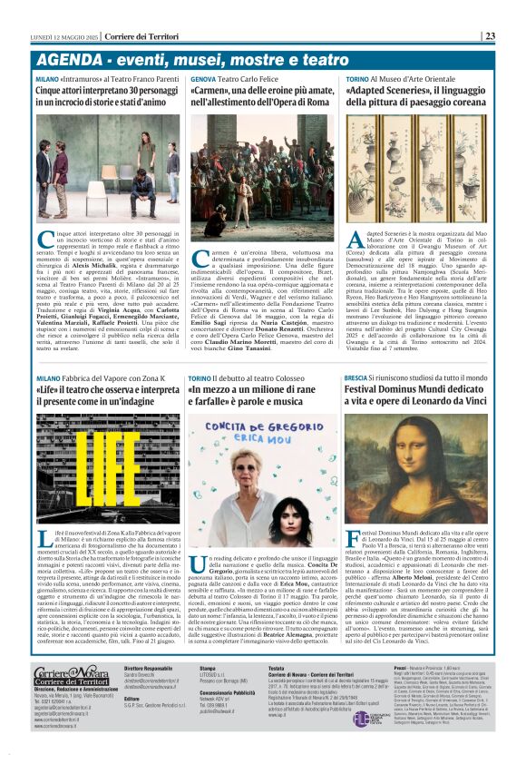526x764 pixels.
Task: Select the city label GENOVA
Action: coord(203,80)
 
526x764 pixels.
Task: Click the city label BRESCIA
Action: coord(356,376)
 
